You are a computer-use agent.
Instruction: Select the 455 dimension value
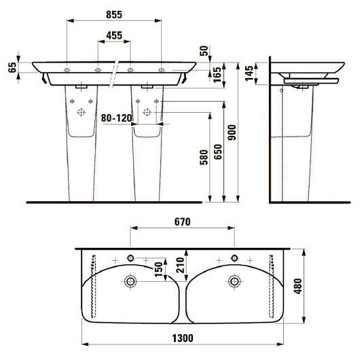(x=113, y=35)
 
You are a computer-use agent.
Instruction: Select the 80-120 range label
(x=115, y=117)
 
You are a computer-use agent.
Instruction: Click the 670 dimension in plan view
(x=181, y=221)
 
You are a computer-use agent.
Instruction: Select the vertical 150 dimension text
(x=158, y=270)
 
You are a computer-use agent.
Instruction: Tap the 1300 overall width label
(x=183, y=338)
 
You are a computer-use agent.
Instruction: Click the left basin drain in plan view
(x=130, y=281)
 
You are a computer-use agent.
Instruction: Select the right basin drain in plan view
(x=234, y=281)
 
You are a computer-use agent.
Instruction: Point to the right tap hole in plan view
(x=234, y=258)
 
